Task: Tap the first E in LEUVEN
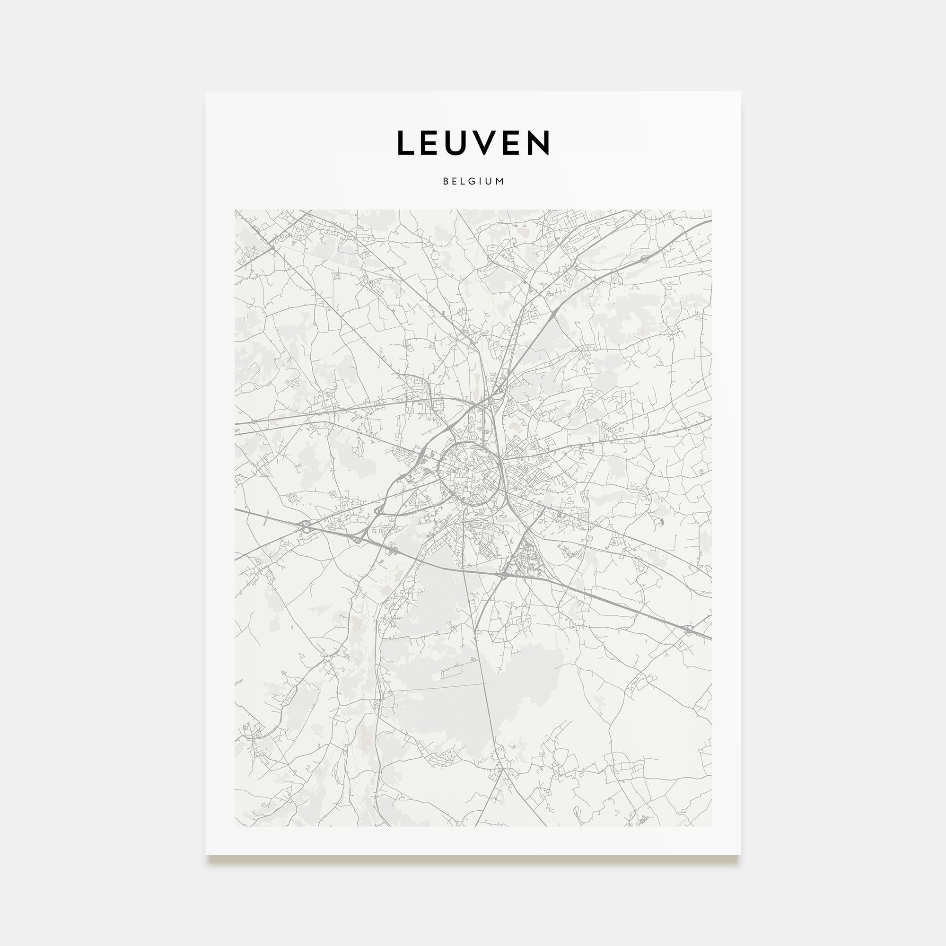point(432,143)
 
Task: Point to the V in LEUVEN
point(491,143)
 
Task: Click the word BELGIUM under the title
point(473,181)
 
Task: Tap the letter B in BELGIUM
point(446,181)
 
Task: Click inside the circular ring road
point(469,473)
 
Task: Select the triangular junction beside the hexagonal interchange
point(358,540)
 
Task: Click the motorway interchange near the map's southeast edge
point(688,629)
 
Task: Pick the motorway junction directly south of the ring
point(503,574)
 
